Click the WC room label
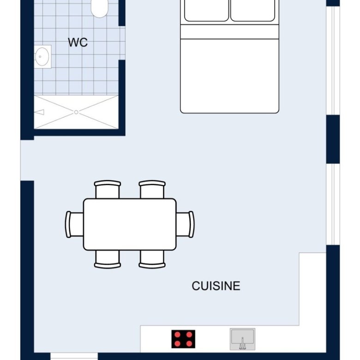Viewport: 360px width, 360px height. (x=78, y=42)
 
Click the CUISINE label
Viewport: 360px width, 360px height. (x=216, y=286)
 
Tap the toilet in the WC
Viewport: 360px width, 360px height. (x=99, y=8)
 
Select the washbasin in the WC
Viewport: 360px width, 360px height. (x=42, y=56)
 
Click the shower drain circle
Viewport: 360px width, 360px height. (x=76, y=112)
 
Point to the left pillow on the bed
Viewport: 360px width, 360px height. (x=206, y=10)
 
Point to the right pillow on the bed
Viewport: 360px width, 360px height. (x=253, y=10)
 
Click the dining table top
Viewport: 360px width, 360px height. (x=130, y=224)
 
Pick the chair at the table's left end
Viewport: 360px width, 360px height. (x=74, y=224)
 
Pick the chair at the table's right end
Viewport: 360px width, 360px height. (x=185, y=224)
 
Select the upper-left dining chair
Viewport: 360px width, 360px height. (x=108, y=189)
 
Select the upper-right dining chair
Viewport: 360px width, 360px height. (x=152, y=189)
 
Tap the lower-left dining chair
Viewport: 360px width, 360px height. (x=108, y=259)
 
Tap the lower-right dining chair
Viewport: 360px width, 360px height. (x=152, y=259)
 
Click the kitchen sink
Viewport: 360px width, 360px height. (x=242, y=339)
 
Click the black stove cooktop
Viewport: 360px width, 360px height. (x=183, y=339)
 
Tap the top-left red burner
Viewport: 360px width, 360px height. (x=177, y=335)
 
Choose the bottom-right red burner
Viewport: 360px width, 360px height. (x=189, y=343)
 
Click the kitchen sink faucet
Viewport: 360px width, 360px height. (x=242, y=343)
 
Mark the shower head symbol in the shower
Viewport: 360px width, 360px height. (x=40, y=112)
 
